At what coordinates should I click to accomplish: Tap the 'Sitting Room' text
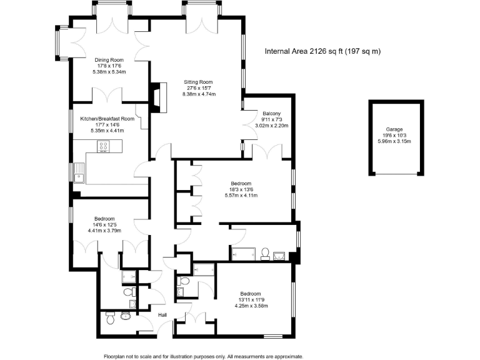tap(198, 82)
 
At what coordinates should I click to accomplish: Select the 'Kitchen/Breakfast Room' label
tap(107, 118)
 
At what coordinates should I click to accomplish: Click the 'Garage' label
tap(394, 128)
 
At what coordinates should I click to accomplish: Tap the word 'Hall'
tap(162, 315)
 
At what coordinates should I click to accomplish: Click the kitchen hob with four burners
tap(104, 147)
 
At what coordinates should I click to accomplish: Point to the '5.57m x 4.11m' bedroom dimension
tap(241, 196)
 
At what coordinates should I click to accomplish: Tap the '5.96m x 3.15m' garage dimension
tap(394, 141)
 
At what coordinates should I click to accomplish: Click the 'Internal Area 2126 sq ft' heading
tap(322, 51)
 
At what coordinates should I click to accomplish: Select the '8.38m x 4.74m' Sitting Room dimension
tap(198, 94)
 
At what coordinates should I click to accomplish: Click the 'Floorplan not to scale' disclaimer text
tap(203, 355)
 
